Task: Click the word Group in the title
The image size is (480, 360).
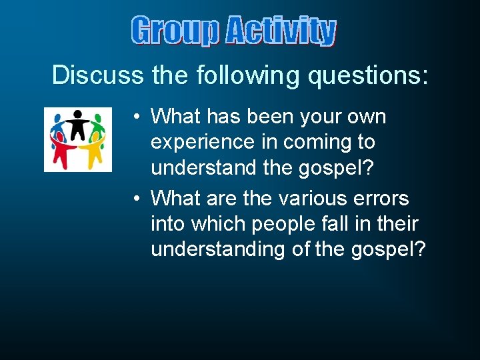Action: click(x=175, y=31)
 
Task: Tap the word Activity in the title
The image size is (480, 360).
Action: click(x=280, y=31)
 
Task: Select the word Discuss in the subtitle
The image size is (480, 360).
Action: click(x=98, y=75)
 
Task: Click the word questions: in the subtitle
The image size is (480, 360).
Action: click(x=367, y=75)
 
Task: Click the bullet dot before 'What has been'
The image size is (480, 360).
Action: click(x=135, y=117)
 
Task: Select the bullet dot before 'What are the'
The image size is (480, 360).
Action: click(x=135, y=199)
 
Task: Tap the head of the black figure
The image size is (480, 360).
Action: click(x=78, y=114)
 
